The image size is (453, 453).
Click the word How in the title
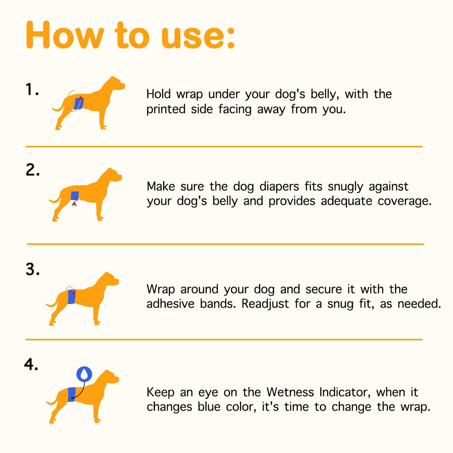(65, 35)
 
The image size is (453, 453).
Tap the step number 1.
(32, 89)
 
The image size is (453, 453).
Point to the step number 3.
(32, 269)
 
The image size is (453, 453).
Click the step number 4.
(31, 364)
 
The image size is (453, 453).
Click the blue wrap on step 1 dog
(78, 103)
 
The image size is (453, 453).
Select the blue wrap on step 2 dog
(75, 196)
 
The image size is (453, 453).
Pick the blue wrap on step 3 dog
(72, 297)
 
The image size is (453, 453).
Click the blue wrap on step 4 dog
(72, 395)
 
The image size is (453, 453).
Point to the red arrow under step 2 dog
(74, 204)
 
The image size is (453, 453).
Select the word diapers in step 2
(279, 187)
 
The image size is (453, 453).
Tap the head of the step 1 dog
(114, 84)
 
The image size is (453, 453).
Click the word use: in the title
(198, 37)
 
